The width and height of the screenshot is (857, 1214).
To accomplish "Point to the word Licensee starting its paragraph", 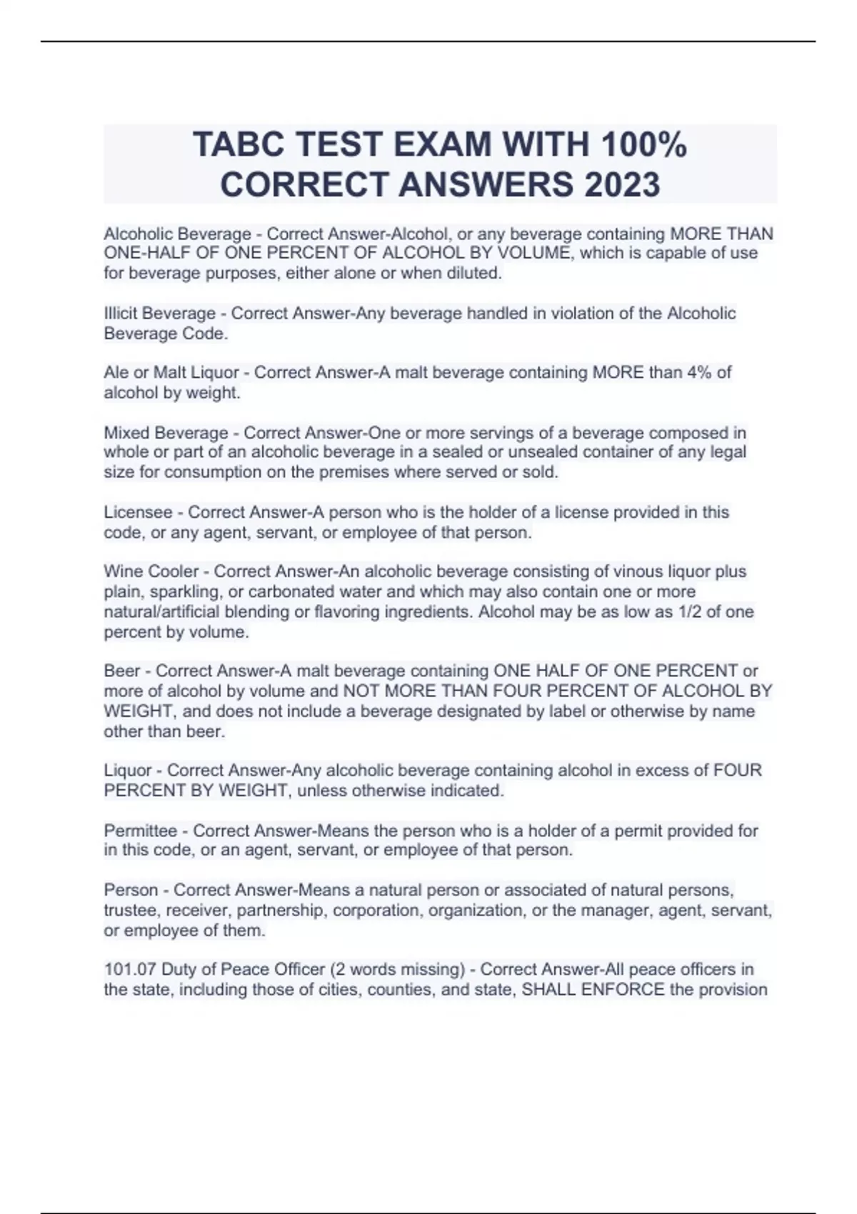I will tap(138, 513).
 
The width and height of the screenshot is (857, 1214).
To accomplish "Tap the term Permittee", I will tap(140, 831).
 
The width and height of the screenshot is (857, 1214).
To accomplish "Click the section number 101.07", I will tap(130, 970).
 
